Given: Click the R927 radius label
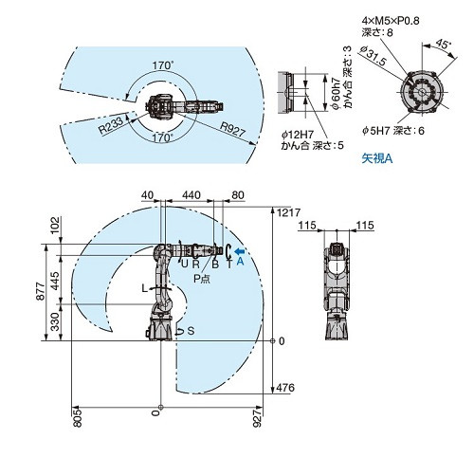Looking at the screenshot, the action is point(233,129).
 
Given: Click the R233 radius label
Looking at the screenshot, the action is point(111,124).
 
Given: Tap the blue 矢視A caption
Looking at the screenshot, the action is point(377,158).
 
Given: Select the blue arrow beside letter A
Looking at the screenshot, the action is point(240,251).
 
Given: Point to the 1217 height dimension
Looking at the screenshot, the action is point(288,212).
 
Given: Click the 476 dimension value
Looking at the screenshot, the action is point(285,388).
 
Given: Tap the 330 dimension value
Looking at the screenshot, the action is point(55,321).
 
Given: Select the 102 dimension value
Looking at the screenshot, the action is point(55,225).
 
